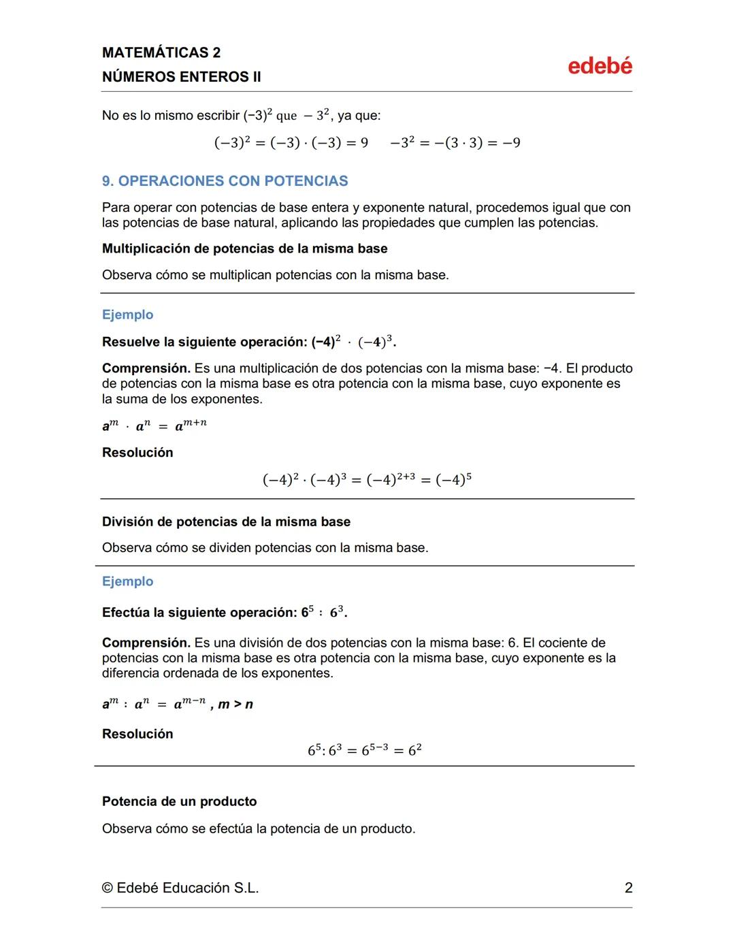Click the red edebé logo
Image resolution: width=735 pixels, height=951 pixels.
[x=600, y=66]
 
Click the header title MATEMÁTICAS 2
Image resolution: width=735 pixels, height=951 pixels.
[x=161, y=52]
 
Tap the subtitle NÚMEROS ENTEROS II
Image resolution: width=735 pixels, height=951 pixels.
[x=181, y=77]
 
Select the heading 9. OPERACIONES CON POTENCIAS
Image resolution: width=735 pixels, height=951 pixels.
[x=225, y=181]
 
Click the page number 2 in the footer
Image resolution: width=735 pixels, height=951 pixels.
[x=628, y=888]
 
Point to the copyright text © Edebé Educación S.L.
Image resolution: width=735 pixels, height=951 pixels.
[x=180, y=888]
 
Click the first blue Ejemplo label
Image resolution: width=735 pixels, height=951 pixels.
[x=127, y=315]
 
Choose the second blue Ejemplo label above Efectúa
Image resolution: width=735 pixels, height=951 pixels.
[x=127, y=581]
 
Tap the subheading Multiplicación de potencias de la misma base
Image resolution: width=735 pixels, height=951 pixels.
[x=244, y=248]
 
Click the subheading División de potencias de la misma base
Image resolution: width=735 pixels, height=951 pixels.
[x=226, y=522]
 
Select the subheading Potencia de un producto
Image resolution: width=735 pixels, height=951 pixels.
[x=179, y=801]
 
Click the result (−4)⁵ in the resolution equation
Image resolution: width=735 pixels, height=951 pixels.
[x=453, y=480]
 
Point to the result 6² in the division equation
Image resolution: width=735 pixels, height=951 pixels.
[x=414, y=750]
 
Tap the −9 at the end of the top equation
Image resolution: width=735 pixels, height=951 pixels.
[x=511, y=143]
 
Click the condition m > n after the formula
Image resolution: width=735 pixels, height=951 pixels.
[x=235, y=705]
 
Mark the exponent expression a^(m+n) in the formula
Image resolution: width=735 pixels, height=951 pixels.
[x=191, y=425]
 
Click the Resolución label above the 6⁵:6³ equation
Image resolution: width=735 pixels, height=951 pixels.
[x=137, y=734]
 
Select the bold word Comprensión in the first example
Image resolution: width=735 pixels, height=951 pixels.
[x=146, y=368]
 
